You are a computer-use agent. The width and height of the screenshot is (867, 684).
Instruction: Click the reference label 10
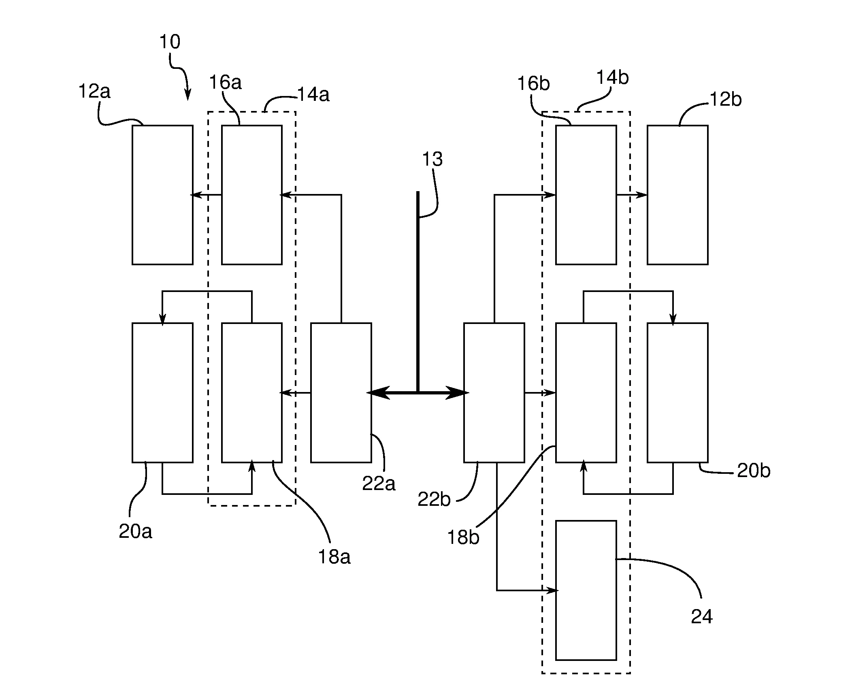coord(170,42)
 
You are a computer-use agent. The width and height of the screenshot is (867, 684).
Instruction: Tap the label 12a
coord(94,92)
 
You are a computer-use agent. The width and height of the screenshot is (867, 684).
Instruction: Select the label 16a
coord(225,83)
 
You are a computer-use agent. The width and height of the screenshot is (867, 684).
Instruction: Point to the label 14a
coord(313,95)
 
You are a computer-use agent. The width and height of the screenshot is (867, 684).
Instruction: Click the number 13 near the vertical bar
coord(432,159)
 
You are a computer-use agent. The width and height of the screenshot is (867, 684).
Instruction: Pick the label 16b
coord(533,84)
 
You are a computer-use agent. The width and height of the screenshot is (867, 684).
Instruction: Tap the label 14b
coord(613,77)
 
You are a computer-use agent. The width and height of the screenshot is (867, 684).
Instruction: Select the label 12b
coord(726,100)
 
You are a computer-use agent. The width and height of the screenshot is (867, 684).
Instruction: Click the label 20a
coord(135,531)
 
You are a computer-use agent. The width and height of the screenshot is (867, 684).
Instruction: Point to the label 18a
coord(334,557)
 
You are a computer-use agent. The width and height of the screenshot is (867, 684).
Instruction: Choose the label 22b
coord(434,500)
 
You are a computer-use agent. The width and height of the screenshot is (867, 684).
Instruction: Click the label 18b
coord(463,537)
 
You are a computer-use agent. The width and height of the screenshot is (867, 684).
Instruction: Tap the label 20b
coord(753,471)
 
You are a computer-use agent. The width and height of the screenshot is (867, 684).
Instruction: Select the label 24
coord(701,616)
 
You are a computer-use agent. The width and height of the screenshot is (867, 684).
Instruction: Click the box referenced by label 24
coord(586,590)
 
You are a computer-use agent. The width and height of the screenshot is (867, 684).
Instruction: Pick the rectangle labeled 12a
coord(162,195)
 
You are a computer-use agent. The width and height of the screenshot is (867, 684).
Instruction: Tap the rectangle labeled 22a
coord(341,392)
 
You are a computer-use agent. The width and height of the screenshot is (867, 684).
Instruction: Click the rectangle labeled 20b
coord(677,392)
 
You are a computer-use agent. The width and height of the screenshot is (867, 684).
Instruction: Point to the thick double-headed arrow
coord(418,392)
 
